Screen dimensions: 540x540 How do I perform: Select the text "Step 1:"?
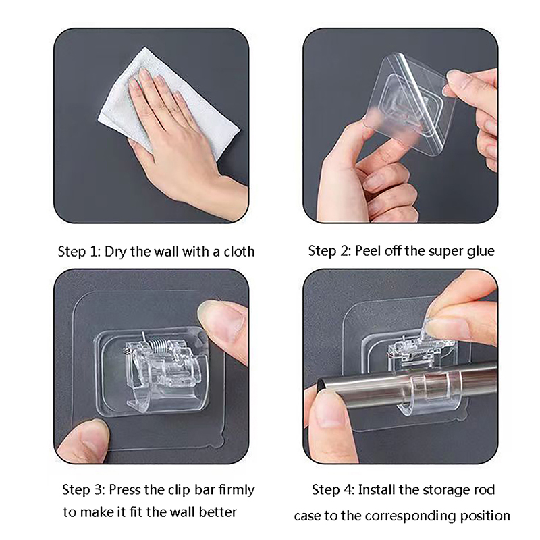pyautogui.click(x=79, y=251)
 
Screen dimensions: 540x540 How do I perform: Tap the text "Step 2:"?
pyautogui.click(x=329, y=250)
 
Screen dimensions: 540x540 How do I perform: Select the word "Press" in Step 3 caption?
pyautogui.click(x=126, y=489)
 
